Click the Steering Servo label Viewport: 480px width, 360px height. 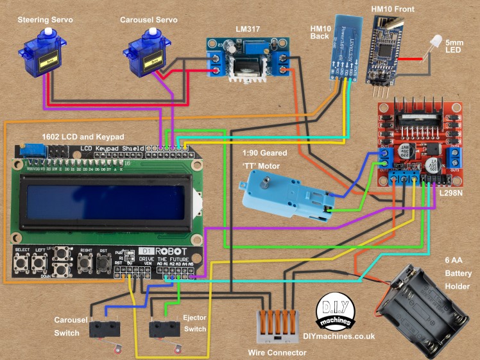[46, 21]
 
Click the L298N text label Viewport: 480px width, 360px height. [453, 192]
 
